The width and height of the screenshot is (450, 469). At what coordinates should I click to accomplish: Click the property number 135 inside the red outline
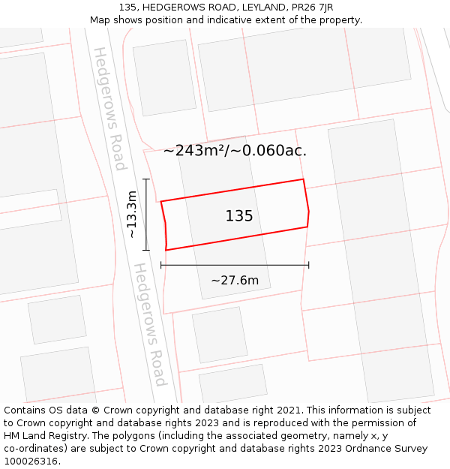pos(239,216)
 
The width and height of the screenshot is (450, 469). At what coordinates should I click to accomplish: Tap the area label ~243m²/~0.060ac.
pos(235,151)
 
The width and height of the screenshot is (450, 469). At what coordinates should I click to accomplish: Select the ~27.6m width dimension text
pos(235,281)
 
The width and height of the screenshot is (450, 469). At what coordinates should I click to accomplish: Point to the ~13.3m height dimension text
pos(132,215)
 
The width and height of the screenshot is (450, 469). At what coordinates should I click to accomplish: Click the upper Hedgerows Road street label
pos(109,109)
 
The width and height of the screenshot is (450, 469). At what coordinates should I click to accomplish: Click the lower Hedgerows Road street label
pos(149,324)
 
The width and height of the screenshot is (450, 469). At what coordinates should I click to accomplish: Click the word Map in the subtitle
pos(100,20)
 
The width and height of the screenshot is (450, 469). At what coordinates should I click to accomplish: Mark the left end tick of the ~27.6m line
pos(161,265)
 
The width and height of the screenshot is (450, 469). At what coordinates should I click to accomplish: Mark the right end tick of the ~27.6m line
pos(309,265)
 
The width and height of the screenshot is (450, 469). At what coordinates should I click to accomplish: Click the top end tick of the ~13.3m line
pos(146,179)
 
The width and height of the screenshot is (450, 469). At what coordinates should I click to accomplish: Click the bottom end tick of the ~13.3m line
pos(146,250)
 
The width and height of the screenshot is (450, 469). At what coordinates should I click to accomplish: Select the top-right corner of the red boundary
pos(303,179)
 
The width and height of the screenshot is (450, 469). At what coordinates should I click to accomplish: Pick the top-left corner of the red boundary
pos(161,201)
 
